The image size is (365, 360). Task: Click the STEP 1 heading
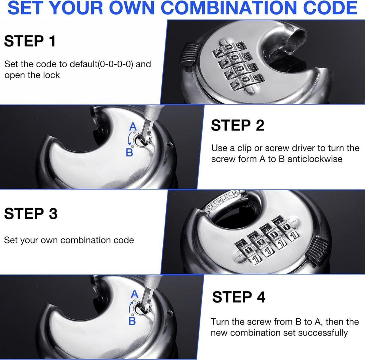(x=30, y=41)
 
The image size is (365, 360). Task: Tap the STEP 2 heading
(x=238, y=125)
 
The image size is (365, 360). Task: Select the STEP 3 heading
(x=31, y=213)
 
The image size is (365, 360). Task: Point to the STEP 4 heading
(x=239, y=297)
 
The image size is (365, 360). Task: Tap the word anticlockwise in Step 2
(x=315, y=159)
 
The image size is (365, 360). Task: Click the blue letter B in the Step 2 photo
(x=129, y=152)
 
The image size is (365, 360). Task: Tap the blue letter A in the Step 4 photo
(x=134, y=294)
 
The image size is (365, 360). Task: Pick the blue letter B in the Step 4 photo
(x=132, y=321)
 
